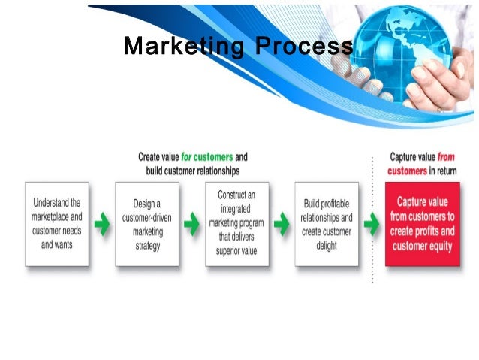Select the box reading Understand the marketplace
57,223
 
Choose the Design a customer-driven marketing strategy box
147,223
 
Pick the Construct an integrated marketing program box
237,223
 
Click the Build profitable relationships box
327,223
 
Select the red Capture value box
422,223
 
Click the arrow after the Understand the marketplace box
102,224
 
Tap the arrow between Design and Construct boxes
191,224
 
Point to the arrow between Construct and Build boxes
282,224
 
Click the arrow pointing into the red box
371,224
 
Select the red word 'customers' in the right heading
408,171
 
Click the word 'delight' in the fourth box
327,245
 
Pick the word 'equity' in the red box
441,245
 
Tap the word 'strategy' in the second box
147,245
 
